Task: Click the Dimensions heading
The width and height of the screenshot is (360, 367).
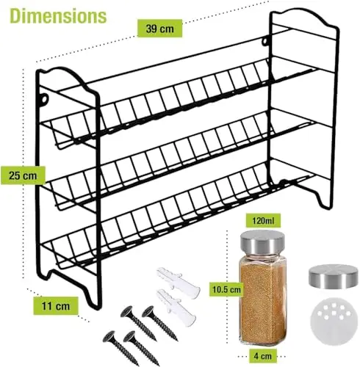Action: click(58, 16)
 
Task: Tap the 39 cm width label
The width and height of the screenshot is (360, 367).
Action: click(159, 29)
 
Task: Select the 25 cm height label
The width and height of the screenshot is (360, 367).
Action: click(23, 175)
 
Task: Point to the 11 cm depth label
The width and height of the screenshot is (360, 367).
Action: click(56, 306)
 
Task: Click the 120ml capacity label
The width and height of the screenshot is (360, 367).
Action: click(263, 221)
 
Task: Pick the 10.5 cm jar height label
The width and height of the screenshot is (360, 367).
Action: click(226, 289)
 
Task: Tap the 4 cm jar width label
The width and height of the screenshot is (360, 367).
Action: click(263, 355)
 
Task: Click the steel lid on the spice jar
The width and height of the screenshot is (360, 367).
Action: click(262, 242)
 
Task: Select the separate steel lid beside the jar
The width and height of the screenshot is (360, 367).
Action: click(333, 277)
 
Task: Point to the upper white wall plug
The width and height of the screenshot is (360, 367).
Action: click(179, 282)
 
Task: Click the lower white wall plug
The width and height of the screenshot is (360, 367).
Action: click(176, 307)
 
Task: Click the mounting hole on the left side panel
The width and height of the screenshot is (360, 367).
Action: click(44, 99)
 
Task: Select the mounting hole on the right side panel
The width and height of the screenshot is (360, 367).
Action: click(265, 42)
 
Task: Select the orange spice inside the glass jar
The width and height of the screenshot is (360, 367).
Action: click(263, 302)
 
